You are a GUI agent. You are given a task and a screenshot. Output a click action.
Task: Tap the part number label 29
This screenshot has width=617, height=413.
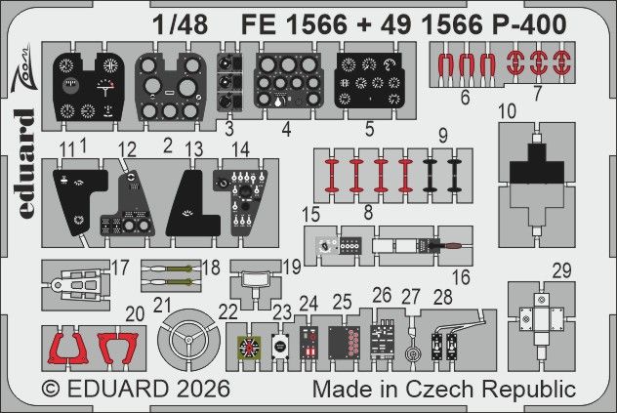pos(560,268)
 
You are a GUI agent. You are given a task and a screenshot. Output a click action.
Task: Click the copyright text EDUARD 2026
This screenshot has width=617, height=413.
pos(137,389)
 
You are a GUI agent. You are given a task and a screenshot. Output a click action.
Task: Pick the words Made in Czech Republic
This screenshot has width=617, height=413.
pos(443,389)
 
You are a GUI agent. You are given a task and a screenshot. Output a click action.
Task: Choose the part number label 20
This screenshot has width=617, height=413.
pos(136,312)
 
